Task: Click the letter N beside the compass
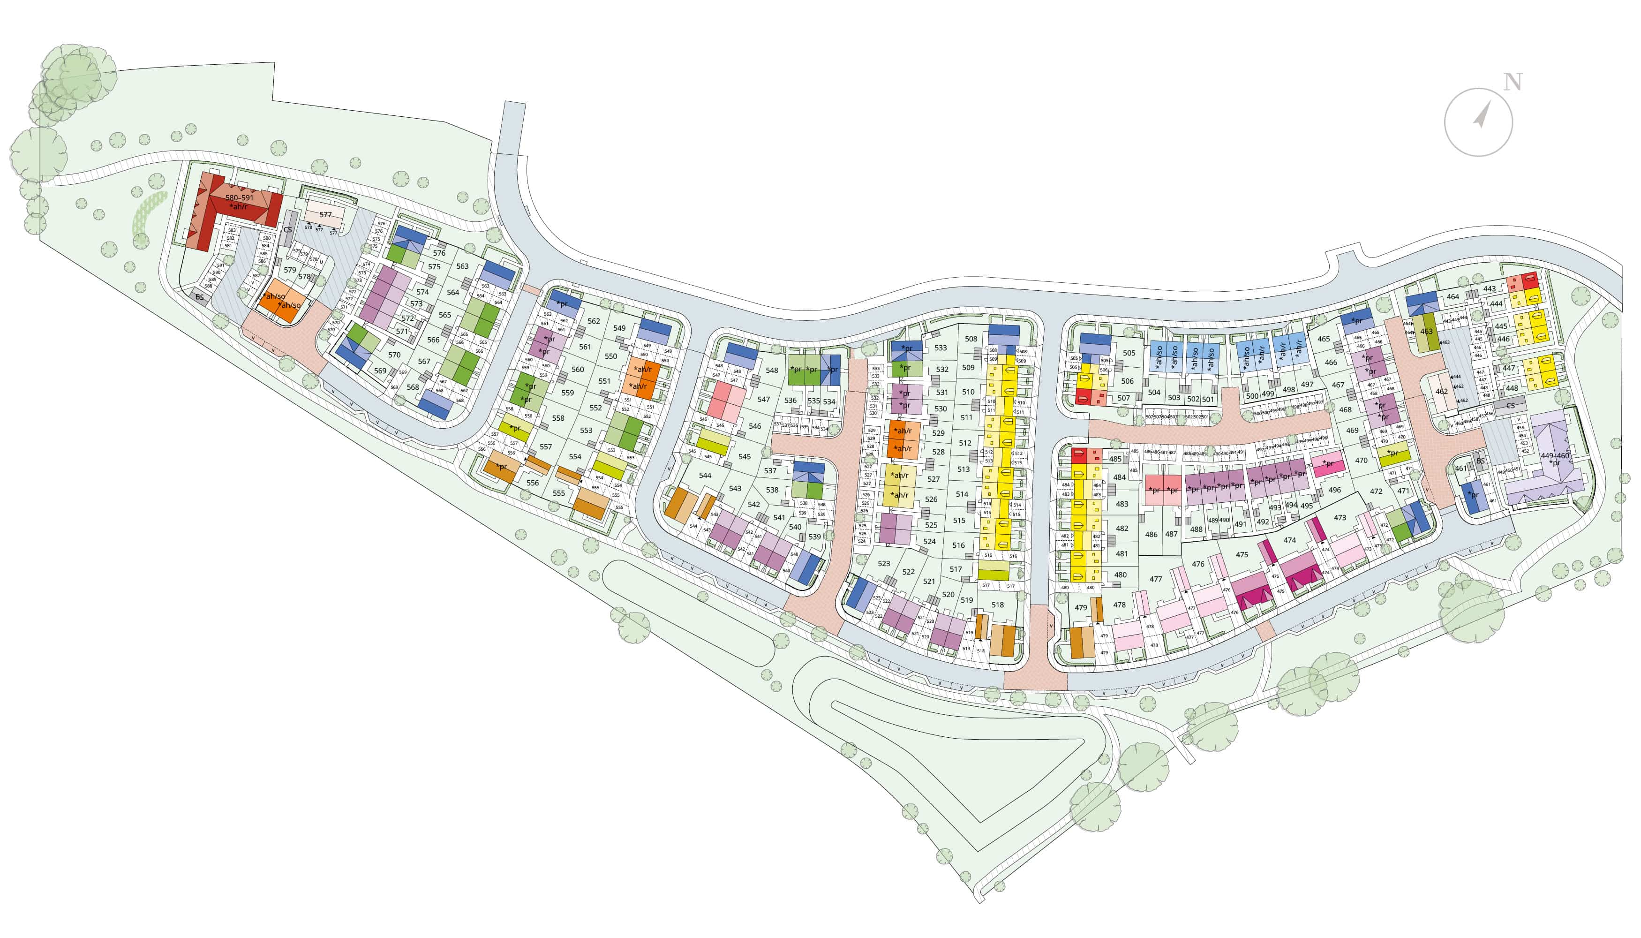click(x=1512, y=83)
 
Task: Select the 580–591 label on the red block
click(x=239, y=198)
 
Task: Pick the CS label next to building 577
click(x=288, y=230)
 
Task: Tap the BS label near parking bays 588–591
click(x=200, y=297)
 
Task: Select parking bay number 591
click(x=220, y=265)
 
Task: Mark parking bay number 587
click(x=256, y=276)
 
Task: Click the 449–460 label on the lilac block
click(x=1555, y=455)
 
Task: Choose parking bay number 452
click(x=1524, y=451)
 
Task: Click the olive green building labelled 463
click(x=1426, y=332)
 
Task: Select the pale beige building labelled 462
click(x=1441, y=391)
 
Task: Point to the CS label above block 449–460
click(x=1510, y=406)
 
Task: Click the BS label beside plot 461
click(x=1480, y=461)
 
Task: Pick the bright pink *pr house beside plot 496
click(x=1328, y=463)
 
